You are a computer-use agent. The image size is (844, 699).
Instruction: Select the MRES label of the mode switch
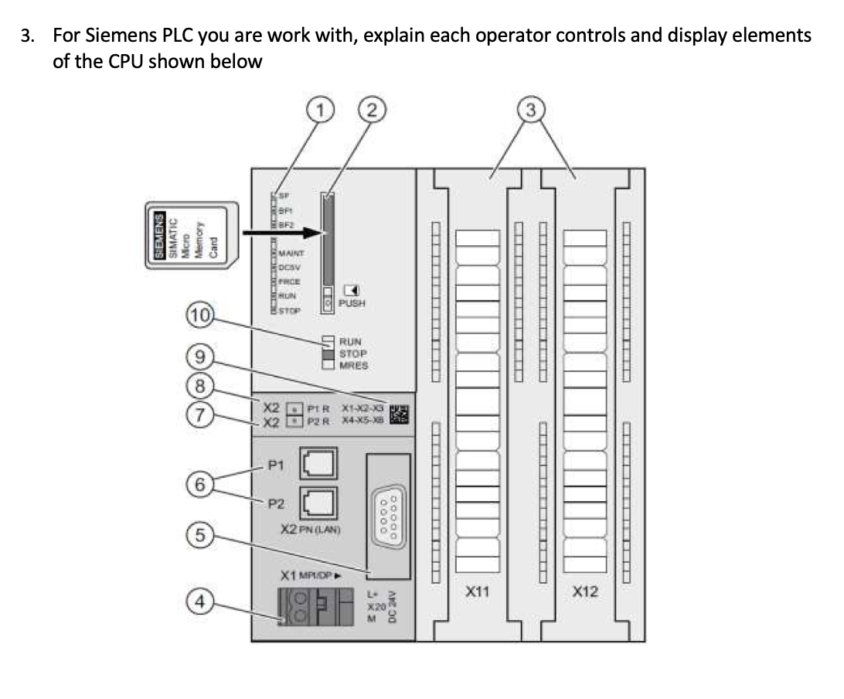[353, 366]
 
